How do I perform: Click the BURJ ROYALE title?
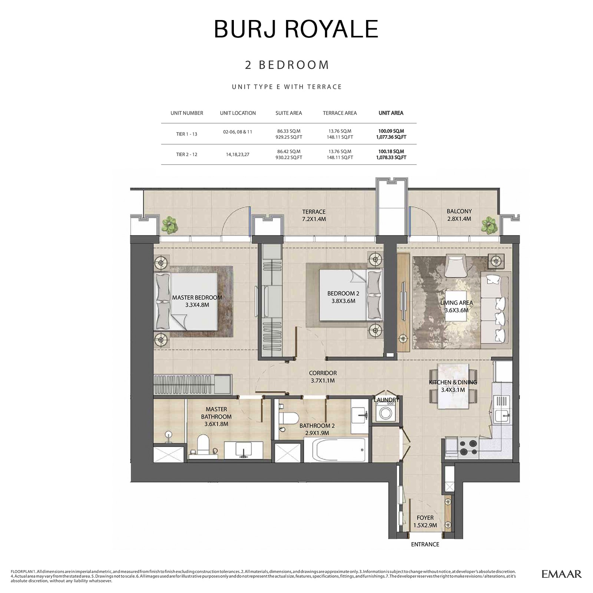click(x=296, y=29)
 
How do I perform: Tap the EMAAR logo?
click(x=561, y=574)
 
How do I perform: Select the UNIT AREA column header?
click(x=391, y=113)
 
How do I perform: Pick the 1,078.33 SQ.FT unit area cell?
click(x=391, y=158)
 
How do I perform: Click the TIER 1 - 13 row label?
click(x=186, y=134)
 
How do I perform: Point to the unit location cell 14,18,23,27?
click(x=238, y=155)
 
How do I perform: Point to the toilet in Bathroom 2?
click(x=289, y=418)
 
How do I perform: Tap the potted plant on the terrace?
click(x=169, y=225)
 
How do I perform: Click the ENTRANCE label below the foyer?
click(x=425, y=544)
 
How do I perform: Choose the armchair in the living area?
click(x=455, y=265)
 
